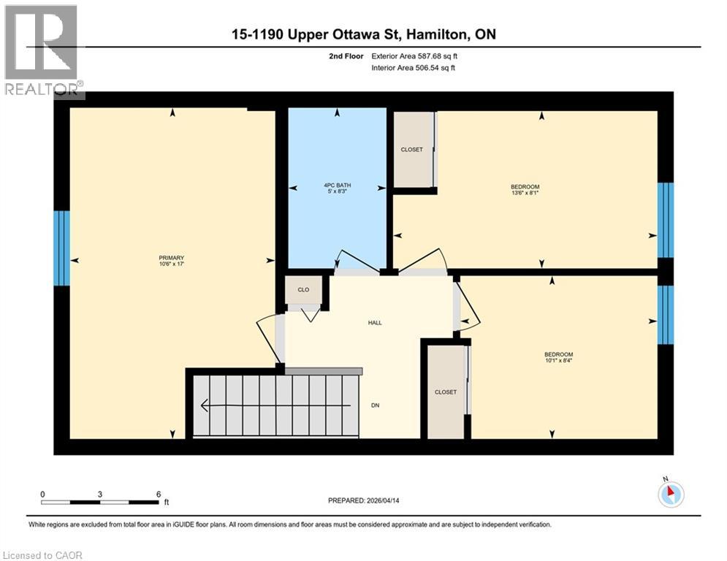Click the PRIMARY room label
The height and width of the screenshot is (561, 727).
(171, 258)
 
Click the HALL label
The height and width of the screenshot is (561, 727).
(375, 322)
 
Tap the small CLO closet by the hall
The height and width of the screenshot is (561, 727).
(303, 290)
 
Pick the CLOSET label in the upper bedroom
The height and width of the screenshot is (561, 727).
(411, 150)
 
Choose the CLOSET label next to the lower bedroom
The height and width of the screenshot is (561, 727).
(445, 392)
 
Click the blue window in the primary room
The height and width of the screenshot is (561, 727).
(62, 248)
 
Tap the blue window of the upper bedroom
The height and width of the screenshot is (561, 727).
(665, 220)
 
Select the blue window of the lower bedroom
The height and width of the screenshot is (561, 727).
(665, 314)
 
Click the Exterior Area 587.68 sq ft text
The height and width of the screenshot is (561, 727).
(414, 56)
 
